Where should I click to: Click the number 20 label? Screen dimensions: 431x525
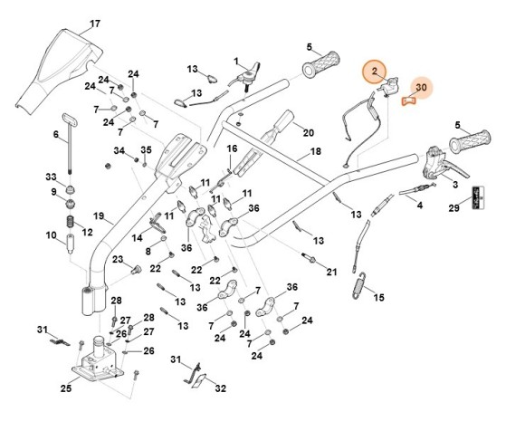[x=308, y=132]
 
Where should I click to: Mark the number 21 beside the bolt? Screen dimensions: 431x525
[x=331, y=271]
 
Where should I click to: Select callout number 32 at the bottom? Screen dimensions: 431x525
[x=220, y=388]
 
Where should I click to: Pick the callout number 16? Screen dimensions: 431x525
[x=232, y=148]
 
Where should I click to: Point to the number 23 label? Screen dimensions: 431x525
[x=117, y=260]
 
